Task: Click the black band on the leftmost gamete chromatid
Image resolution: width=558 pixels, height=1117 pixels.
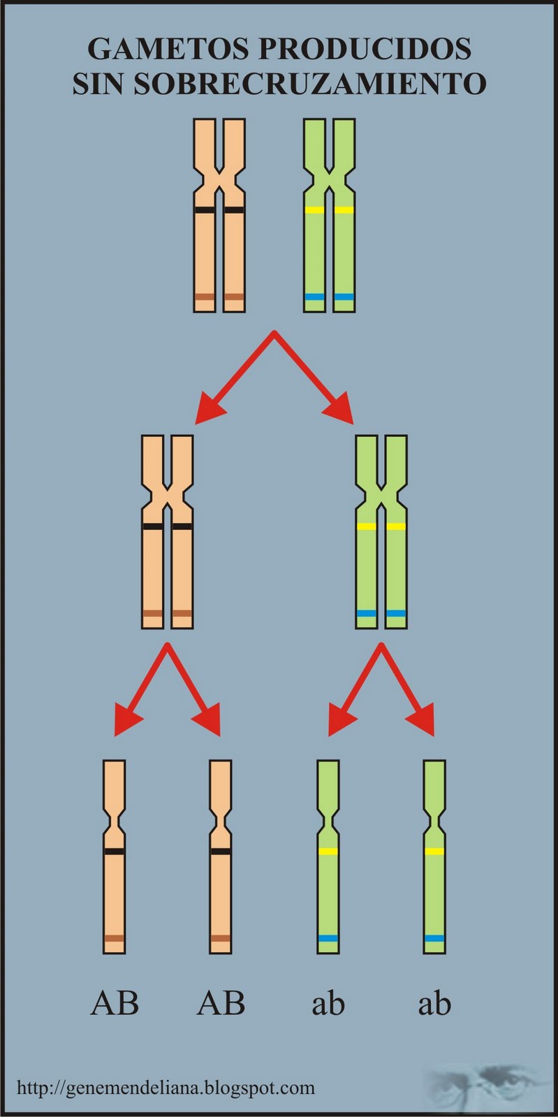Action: pos(115,851)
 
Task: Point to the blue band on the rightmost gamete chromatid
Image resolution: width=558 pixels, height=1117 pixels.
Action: pos(434,938)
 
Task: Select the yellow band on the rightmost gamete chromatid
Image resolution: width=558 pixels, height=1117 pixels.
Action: pos(434,851)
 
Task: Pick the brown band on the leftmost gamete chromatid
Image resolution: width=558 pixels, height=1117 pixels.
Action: pos(115,938)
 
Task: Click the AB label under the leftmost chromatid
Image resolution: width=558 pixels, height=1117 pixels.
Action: pos(115,1004)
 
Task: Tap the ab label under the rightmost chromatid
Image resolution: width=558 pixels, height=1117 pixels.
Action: pos(434,1004)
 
